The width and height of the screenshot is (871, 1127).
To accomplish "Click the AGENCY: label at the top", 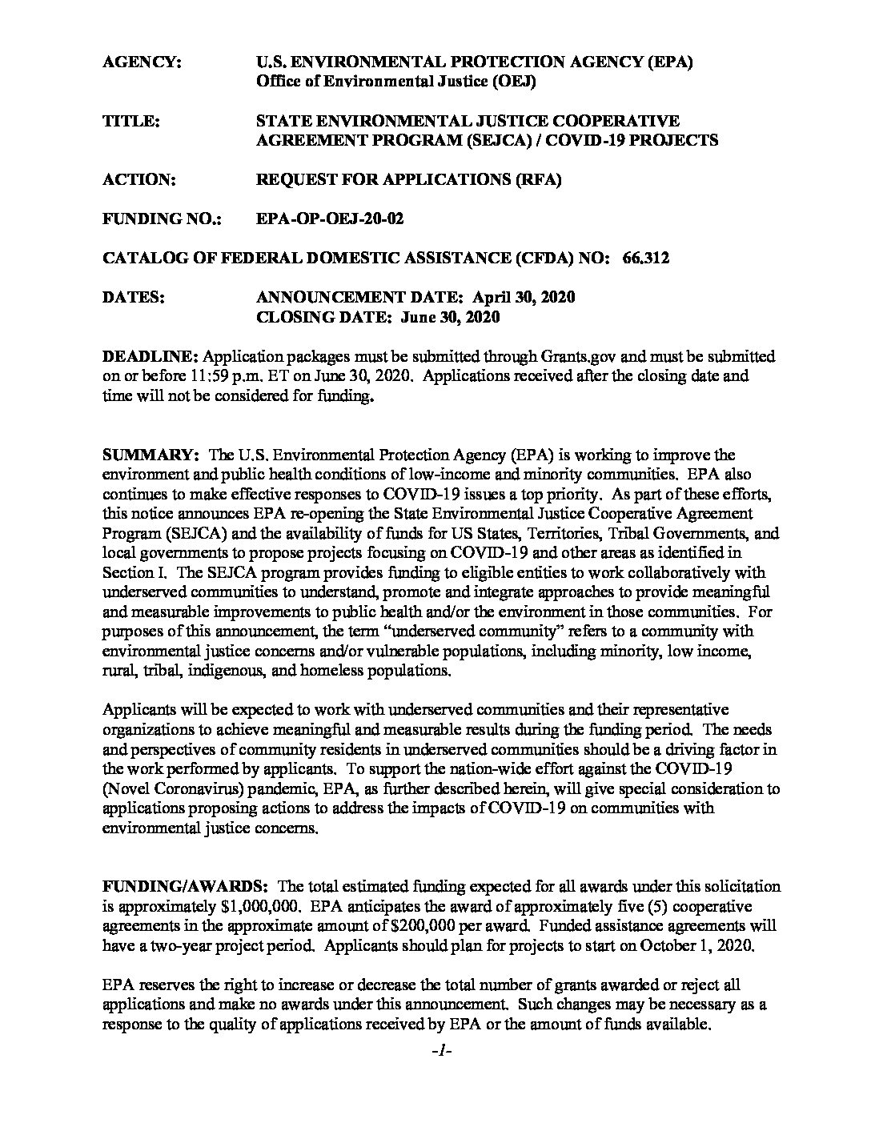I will point(142,62).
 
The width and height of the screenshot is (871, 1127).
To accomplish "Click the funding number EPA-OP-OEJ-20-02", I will point(329,219).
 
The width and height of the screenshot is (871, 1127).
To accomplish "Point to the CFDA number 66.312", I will point(645,258).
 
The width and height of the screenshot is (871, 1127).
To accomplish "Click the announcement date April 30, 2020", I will point(524,297).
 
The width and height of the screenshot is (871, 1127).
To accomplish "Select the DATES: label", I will point(134,297).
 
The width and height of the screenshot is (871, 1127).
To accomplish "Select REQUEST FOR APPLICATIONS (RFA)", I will point(408,179).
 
